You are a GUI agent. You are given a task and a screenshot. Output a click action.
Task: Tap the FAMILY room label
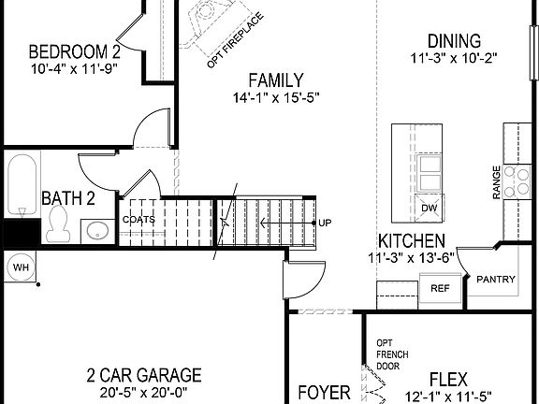[x=276, y=79]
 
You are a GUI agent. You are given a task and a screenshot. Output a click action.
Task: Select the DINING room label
[x=454, y=41]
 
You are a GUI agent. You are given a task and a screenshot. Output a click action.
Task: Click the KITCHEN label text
[x=412, y=240]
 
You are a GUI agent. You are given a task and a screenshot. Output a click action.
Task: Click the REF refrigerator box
[x=440, y=289]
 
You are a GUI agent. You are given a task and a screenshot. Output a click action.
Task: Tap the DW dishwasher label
[x=430, y=208]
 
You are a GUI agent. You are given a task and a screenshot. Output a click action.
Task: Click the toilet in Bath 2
[x=59, y=221]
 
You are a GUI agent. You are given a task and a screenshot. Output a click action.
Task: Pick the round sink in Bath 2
[x=95, y=230]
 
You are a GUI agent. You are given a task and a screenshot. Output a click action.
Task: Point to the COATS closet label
[x=138, y=220]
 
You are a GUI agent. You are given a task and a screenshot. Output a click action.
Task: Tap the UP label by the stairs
[x=325, y=223]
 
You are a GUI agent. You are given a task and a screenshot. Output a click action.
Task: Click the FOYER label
[x=324, y=392]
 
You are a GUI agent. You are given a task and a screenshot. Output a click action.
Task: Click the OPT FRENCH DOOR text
[x=390, y=354]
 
